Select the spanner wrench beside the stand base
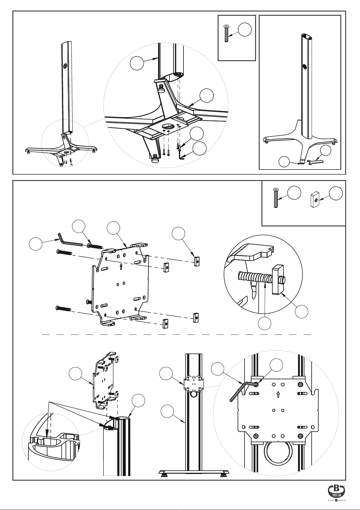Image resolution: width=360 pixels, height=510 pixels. (315, 162)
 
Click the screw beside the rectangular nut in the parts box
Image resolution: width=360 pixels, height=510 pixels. (276, 198)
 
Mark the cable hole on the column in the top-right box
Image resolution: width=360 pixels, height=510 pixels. (304, 66)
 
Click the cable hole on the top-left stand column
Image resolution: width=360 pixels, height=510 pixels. (65, 65)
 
